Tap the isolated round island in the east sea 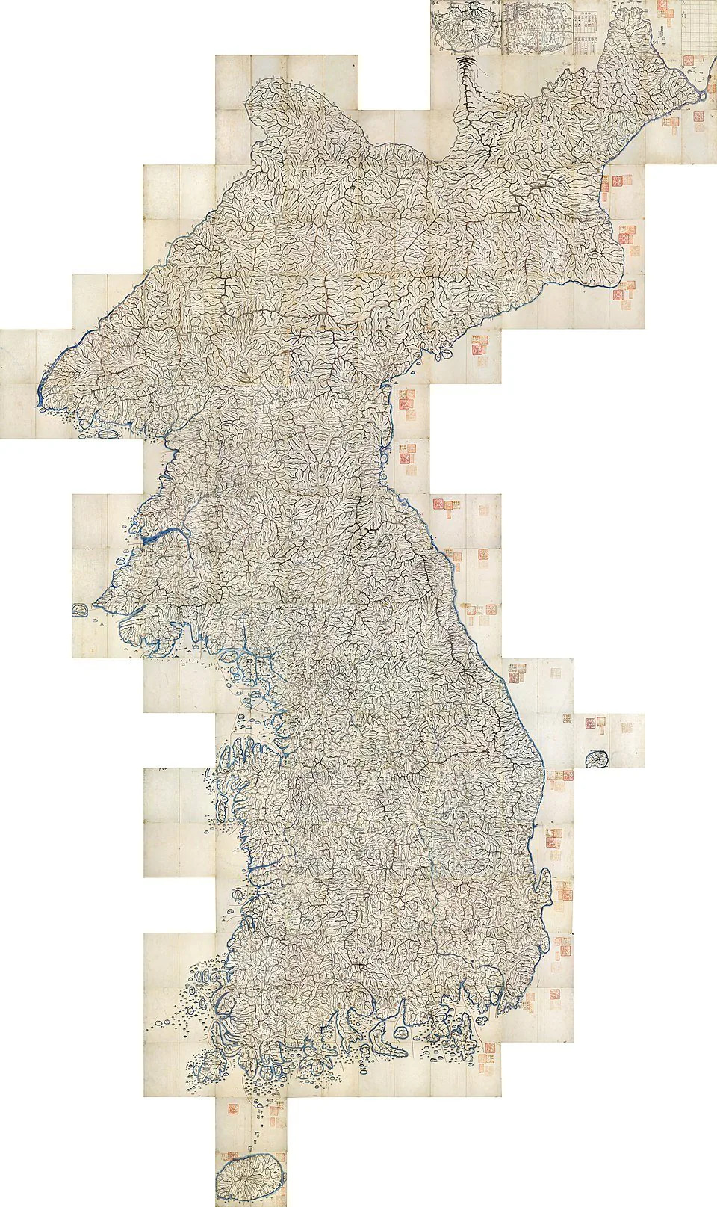[x=595, y=759]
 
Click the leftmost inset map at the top [x=464, y=26]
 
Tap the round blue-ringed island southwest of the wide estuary [x=120, y=561]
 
